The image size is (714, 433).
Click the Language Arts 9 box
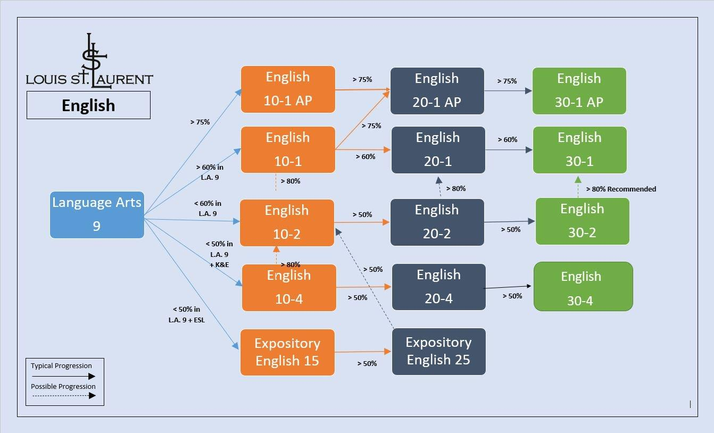pos(97,214)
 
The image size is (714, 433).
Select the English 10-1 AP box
pos(288,89)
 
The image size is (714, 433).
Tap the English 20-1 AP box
pos(437,90)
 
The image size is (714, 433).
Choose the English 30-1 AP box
pos(579,90)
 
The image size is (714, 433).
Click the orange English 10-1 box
pos(288,149)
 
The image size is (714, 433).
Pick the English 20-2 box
pos(437,222)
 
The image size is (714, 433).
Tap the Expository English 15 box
pos(287,352)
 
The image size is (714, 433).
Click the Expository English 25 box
pos(438,351)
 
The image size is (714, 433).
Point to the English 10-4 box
pos(289,287)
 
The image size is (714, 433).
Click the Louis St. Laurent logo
pos(89,61)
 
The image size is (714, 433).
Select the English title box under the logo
pos(88,105)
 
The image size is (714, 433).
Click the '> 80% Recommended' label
pos(621,189)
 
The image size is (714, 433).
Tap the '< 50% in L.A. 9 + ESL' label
pos(186,314)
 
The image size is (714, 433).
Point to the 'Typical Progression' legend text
pos(61,366)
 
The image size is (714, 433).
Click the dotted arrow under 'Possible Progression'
pos(63,396)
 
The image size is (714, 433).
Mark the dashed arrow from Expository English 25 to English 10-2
pos(365,279)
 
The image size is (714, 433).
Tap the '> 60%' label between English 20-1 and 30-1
pos(508,139)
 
